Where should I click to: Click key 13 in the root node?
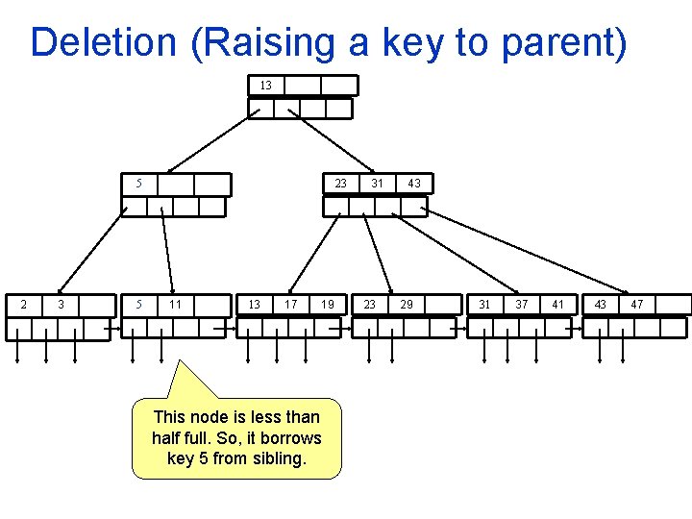point(265,86)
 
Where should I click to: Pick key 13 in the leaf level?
point(254,305)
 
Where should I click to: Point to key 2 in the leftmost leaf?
point(23,305)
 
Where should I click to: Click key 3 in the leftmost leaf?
point(61,305)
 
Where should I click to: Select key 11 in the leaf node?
point(175,305)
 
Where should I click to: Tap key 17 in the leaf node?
point(290,305)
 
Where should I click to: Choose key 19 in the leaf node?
point(329,305)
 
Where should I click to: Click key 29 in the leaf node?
point(407,305)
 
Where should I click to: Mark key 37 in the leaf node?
point(522,305)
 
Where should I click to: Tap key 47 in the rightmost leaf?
point(637,305)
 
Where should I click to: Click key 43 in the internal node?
point(413,184)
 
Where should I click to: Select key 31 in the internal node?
point(378,184)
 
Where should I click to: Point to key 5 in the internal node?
point(139,184)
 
